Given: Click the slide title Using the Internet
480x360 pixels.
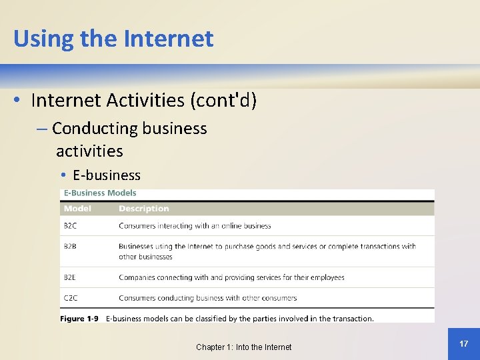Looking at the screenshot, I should coord(113,39).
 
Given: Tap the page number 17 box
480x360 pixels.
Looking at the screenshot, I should coord(463,343).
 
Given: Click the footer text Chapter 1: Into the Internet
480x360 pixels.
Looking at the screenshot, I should coord(243,347).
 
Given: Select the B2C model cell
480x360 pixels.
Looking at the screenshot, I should coord(70,226).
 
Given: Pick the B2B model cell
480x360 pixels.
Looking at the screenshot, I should coord(70,246).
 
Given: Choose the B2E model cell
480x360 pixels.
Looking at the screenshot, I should coord(70,277).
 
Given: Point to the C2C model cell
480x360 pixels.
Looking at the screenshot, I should coord(70,298).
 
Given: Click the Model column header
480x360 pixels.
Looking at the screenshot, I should coord(77,209).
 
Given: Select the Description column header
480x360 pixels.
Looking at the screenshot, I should coord(144,209).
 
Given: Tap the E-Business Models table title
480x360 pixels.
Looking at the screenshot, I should coord(100,193).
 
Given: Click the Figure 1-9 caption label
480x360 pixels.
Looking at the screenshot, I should coord(79,319).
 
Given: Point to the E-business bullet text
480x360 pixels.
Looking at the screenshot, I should coord(107,175).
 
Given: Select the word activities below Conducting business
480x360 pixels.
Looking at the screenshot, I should coord(89,151).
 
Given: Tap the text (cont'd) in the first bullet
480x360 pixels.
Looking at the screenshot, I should coord(223,100).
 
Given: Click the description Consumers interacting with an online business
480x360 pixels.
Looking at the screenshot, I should coord(195,226).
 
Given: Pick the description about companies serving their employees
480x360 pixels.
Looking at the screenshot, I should coord(231,277).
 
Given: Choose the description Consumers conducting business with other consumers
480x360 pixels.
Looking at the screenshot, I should coord(207,298).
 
